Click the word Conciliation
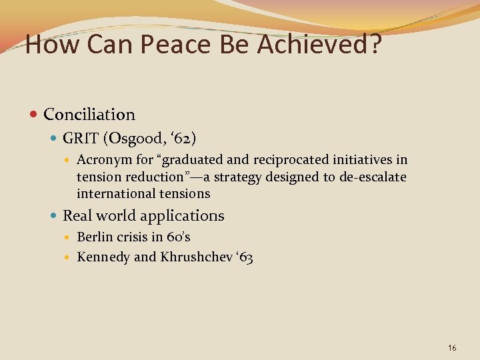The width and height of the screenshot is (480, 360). pos(89,115)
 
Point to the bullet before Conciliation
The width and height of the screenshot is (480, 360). pos(34,115)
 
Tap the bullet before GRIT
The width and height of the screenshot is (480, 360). pos(54,139)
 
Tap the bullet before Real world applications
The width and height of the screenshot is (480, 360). pos(54,216)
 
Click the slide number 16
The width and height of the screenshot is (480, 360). pos(452,347)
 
